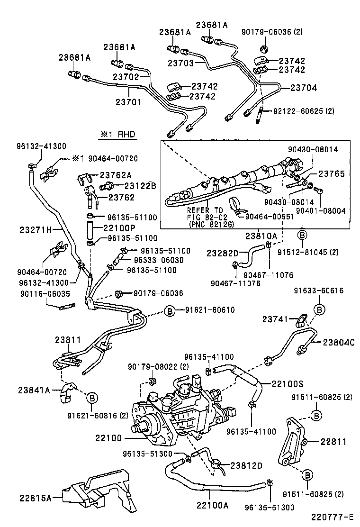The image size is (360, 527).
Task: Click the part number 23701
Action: (128, 101)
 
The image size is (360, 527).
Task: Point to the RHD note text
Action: (117, 135)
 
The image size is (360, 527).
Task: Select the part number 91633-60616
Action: (318, 291)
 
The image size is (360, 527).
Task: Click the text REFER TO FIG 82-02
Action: (205, 214)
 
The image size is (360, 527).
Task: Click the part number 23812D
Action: (246, 465)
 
